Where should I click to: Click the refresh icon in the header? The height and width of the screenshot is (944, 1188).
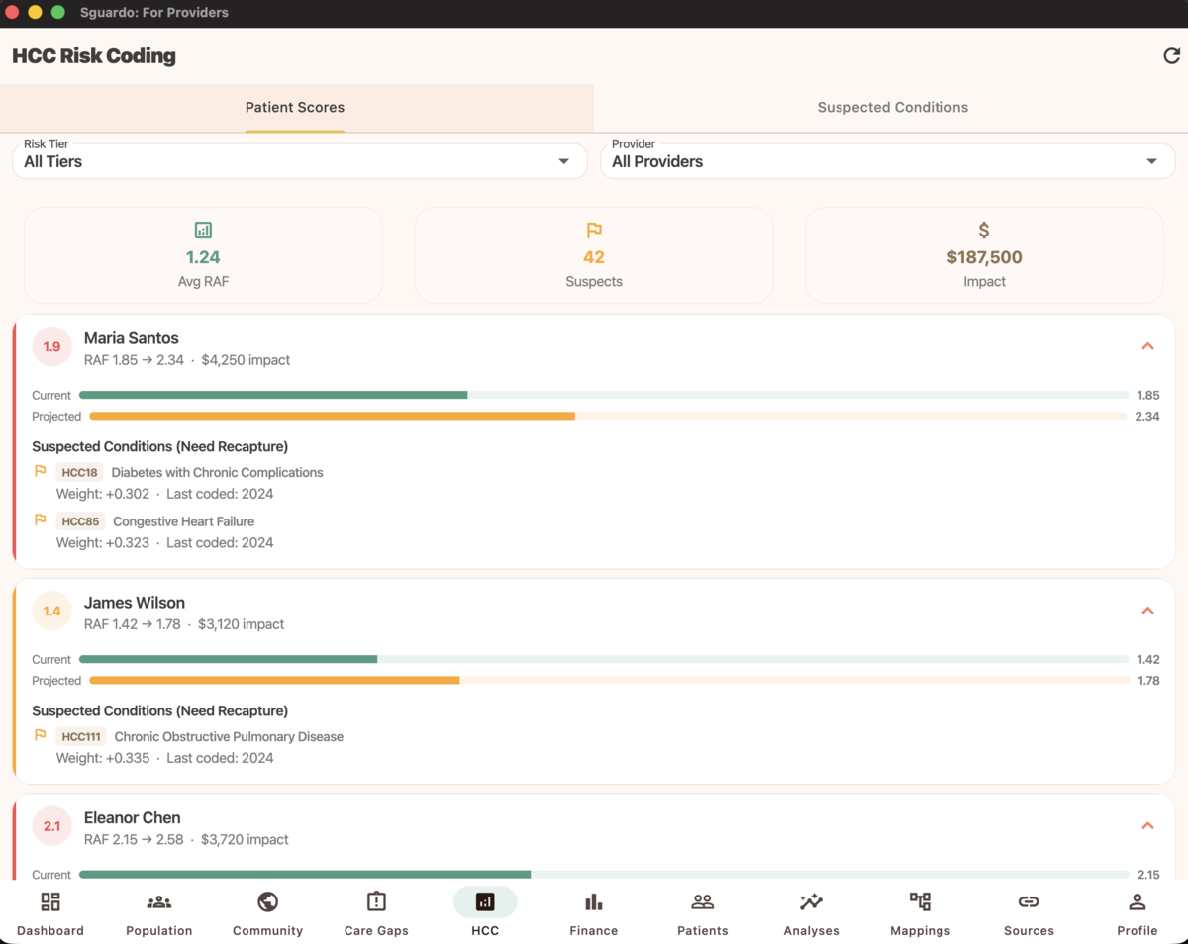tap(1171, 56)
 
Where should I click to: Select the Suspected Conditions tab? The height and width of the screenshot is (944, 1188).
tap(892, 107)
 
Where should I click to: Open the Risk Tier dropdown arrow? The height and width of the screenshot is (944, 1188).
tap(563, 161)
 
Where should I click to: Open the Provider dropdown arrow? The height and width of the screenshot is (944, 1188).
tap(1151, 161)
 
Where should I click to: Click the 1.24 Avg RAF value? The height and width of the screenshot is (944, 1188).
tap(203, 257)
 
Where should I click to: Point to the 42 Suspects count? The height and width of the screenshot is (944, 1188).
tap(594, 257)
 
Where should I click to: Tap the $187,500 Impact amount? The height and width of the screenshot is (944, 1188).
tap(984, 257)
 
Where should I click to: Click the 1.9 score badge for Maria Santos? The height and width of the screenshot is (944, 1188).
tap(51, 346)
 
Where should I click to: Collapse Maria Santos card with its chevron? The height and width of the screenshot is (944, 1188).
tap(1147, 346)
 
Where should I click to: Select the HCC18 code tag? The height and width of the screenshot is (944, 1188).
tap(80, 473)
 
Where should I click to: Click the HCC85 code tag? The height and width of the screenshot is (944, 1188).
tap(81, 521)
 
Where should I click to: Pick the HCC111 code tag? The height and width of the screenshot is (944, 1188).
tap(81, 737)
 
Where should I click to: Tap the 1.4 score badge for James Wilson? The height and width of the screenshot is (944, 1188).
tap(51, 611)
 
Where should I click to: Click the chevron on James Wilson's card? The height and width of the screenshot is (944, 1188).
tap(1147, 611)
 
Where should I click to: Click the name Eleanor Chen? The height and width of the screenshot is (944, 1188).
tap(132, 817)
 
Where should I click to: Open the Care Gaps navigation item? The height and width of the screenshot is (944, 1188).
tap(376, 912)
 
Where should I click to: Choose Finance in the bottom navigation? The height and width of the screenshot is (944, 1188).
tap(594, 912)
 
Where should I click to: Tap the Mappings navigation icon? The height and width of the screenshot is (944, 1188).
tap(920, 901)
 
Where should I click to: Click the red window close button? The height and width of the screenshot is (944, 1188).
tap(13, 13)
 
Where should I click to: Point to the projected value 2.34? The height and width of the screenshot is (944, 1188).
tap(1147, 417)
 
